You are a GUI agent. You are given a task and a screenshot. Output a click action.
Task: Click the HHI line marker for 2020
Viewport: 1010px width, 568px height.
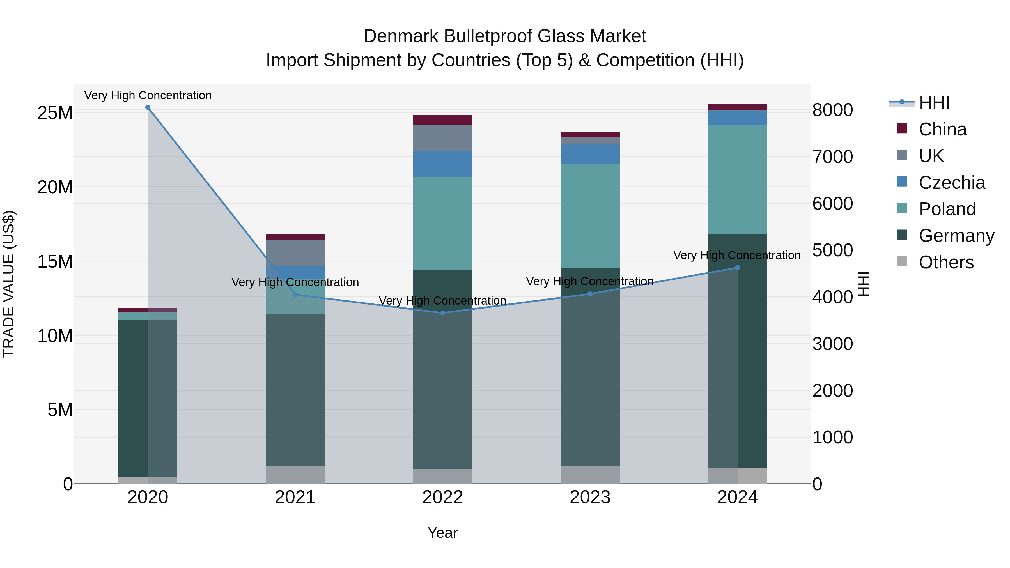(x=148, y=107)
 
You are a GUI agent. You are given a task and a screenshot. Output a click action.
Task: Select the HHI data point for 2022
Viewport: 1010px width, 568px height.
(x=443, y=313)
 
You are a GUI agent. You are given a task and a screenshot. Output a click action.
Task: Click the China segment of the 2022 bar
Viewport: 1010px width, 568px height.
(x=443, y=119)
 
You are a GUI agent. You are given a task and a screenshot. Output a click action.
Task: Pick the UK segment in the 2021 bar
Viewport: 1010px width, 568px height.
(x=295, y=253)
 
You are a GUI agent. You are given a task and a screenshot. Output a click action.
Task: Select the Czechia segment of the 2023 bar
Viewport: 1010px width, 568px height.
(x=590, y=154)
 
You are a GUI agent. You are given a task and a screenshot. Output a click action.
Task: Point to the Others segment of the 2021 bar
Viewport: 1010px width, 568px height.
(x=295, y=474)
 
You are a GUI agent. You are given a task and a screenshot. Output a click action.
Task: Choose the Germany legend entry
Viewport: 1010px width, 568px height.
(x=956, y=236)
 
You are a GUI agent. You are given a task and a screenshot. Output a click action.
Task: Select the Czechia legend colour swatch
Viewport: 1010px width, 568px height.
(x=902, y=182)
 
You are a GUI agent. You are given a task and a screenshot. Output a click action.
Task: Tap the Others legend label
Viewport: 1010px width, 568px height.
(x=946, y=262)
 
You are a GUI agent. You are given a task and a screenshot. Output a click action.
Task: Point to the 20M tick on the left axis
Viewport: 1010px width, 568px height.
(x=55, y=187)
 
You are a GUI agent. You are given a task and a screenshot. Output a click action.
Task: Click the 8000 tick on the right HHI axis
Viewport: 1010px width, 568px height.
(x=832, y=110)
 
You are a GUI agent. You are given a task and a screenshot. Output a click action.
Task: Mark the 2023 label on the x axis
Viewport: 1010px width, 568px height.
(x=590, y=497)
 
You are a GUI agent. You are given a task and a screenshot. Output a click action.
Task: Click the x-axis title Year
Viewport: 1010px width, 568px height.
(x=443, y=533)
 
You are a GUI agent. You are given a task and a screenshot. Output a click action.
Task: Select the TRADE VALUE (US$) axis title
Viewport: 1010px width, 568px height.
(x=9, y=284)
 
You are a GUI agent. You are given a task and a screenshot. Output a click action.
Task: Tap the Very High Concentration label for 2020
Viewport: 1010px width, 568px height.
(x=148, y=95)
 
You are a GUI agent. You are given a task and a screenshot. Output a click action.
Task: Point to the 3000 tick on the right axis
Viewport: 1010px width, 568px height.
(x=832, y=344)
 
